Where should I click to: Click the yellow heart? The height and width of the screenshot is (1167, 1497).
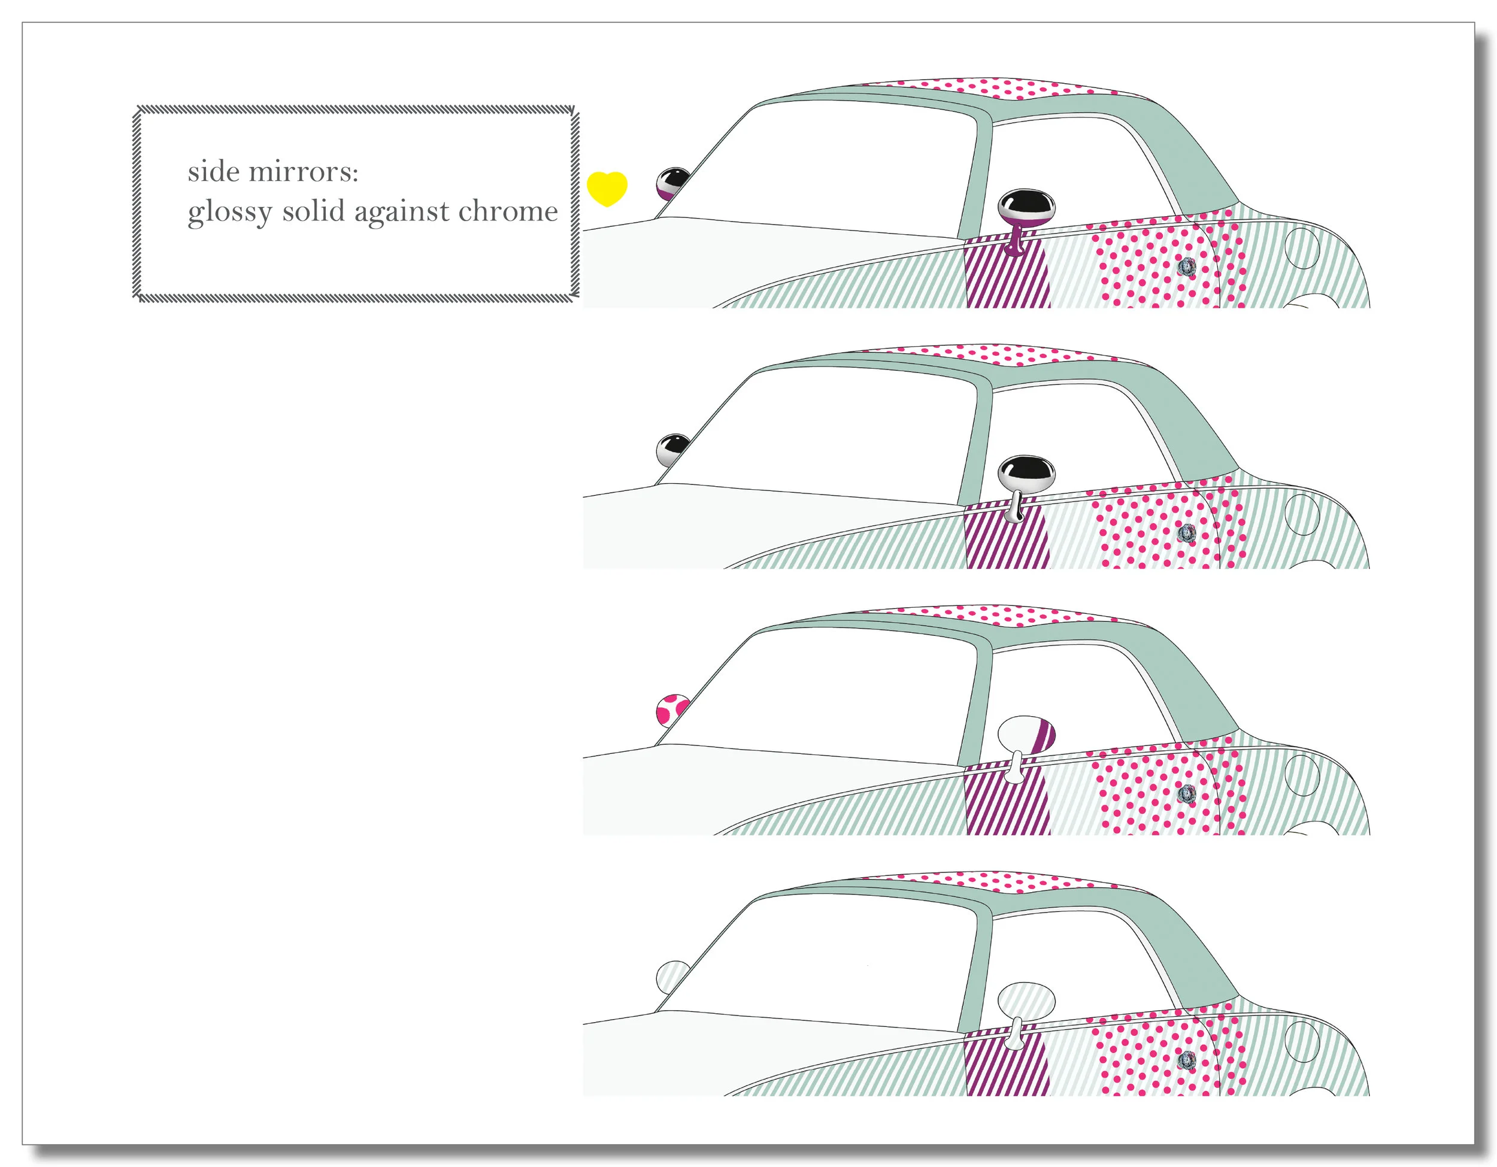click(x=607, y=187)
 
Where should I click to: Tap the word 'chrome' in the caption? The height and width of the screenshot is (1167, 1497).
click(x=508, y=211)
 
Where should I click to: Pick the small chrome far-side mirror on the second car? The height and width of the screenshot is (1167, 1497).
click(x=672, y=450)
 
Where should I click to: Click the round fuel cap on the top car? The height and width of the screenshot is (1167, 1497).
click(x=1302, y=248)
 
